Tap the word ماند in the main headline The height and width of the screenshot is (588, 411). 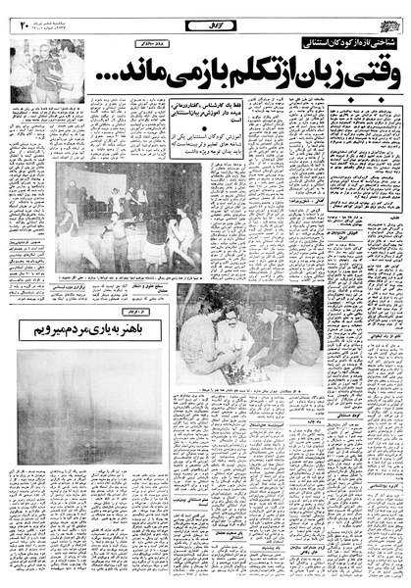tap(147, 73)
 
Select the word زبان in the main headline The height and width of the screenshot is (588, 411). tap(298, 73)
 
